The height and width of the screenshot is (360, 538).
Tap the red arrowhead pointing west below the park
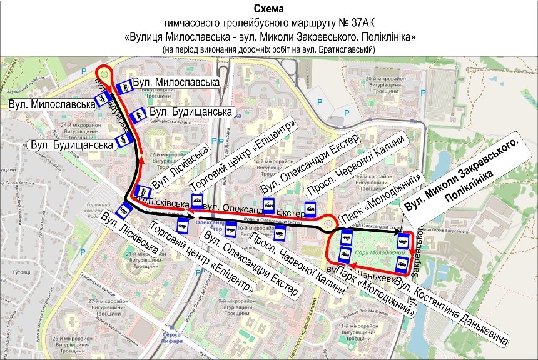click(352, 265)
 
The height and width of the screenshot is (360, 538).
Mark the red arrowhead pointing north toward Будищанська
click(141, 161)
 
